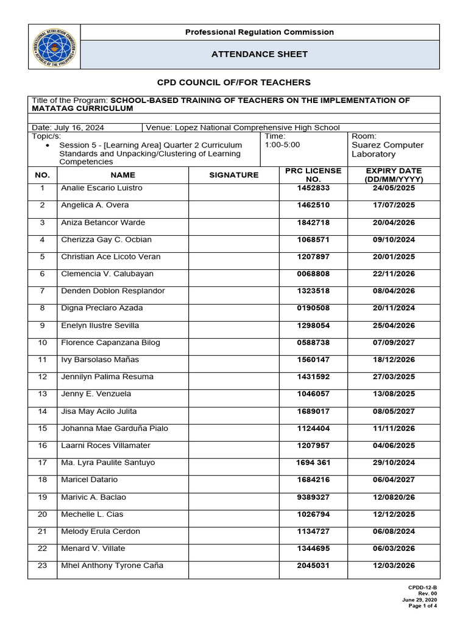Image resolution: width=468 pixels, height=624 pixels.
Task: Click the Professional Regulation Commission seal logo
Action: click(54, 47)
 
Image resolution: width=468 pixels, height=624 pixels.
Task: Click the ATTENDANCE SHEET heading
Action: click(259, 54)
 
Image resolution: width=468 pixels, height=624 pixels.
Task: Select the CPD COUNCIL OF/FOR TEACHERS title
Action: click(234, 82)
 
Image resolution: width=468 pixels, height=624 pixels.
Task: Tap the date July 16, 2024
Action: click(68, 127)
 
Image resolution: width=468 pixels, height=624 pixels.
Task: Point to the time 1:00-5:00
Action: click(282, 145)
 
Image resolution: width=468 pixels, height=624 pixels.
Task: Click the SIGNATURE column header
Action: click(233, 175)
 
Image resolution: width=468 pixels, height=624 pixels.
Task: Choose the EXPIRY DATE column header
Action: click(393, 175)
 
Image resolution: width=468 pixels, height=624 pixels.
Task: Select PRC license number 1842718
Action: click(313, 223)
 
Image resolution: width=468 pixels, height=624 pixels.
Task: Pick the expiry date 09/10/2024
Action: click(393, 240)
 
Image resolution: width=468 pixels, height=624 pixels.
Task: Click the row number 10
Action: click(42, 343)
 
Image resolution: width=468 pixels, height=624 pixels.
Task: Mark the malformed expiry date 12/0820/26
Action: click(393, 497)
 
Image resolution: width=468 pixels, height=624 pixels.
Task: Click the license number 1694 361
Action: click(313, 463)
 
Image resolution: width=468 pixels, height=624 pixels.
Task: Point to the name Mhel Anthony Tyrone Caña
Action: click(112, 565)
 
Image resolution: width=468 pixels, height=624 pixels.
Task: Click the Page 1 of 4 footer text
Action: click(422, 606)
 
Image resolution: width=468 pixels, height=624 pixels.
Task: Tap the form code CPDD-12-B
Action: click(423, 587)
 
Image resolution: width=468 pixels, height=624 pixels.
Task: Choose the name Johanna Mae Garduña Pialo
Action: click(115, 428)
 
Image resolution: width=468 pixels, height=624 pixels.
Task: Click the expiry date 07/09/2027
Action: click(393, 343)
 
